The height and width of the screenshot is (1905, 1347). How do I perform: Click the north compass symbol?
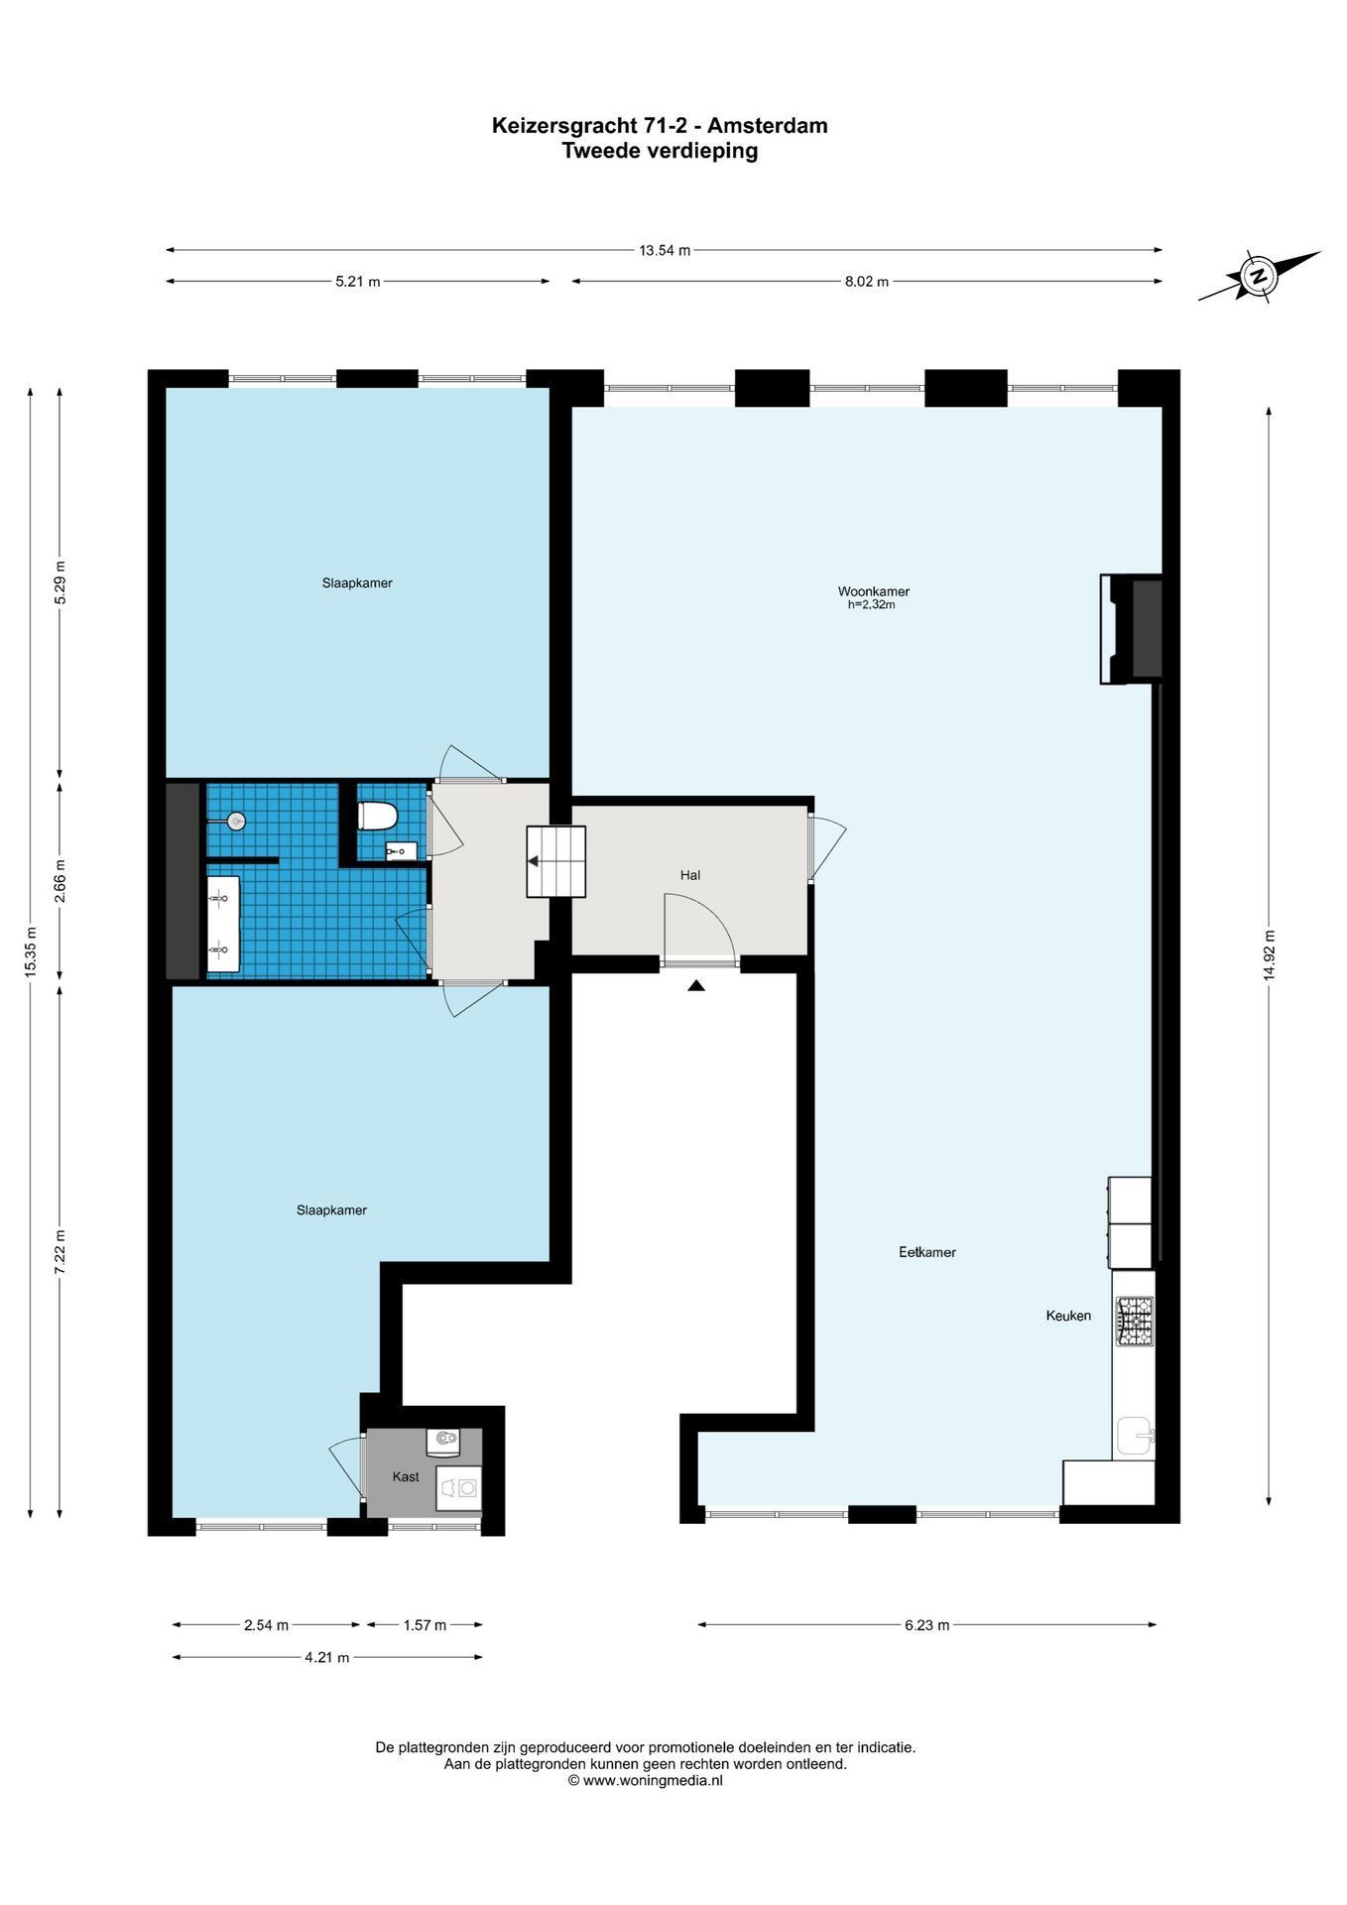coord(1259,276)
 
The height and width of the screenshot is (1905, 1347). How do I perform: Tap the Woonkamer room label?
coord(873,591)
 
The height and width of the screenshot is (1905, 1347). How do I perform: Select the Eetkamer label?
coord(927,1252)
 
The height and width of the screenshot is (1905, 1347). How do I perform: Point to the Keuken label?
coord(1068,1316)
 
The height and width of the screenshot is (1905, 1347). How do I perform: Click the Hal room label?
coord(690,875)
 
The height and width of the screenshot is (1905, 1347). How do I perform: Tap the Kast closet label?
coord(406,1476)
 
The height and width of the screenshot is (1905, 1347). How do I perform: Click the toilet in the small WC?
coord(377,816)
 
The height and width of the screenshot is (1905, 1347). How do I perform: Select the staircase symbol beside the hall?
coord(556,860)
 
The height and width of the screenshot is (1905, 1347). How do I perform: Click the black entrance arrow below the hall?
coord(696,985)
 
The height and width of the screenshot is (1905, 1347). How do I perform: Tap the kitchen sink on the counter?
coord(1136,1436)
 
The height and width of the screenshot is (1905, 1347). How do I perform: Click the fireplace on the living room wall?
coord(1131,629)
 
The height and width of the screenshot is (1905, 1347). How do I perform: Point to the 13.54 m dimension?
coord(665,250)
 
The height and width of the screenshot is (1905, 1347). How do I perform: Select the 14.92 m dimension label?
coord(1269,955)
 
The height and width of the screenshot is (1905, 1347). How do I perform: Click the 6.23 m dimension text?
coord(926,1625)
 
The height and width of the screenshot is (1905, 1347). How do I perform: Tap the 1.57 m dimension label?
coord(425,1625)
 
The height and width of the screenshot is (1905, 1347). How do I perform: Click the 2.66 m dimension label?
coord(60,880)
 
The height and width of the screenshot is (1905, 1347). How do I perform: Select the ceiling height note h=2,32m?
coord(872,604)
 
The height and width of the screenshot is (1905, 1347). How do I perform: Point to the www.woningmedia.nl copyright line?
coord(645,1780)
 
